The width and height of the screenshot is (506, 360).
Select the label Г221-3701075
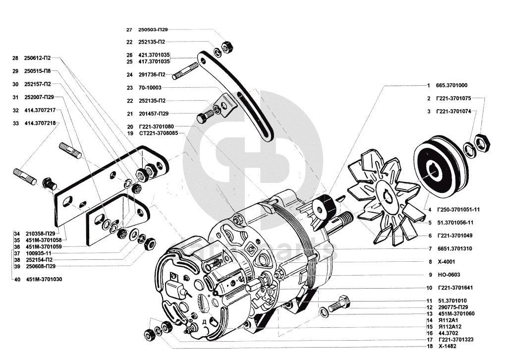(x=453, y=98)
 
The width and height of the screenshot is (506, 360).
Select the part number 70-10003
(x=150, y=88)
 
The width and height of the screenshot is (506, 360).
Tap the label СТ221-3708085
(x=158, y=133)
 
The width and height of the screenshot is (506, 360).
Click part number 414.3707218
(x=40, y=122)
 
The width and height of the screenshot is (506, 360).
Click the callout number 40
(x=16, y=279)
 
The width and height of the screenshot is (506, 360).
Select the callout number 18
(x=429, y=347)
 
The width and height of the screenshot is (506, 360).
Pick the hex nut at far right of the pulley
(x=482, y=142)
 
